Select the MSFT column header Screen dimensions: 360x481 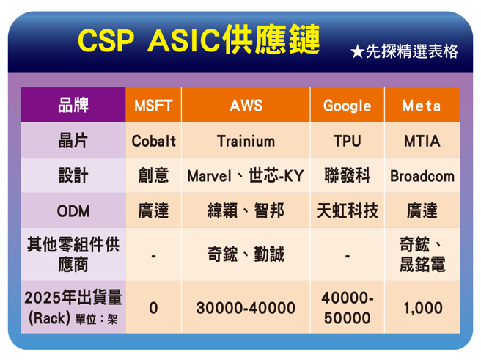pos(153,106)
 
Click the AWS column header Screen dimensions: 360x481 pos(246,106)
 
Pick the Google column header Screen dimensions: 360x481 pos(347,106)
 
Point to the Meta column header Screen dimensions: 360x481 pos(422,106)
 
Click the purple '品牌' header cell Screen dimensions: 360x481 pos(73,106)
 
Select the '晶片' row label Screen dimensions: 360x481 pos(73,141)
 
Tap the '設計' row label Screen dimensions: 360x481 pos(73,176)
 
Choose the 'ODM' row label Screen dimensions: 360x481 pos(73,211)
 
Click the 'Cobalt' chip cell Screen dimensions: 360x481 pos(153,141)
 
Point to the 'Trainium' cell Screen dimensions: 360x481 pos(246,141)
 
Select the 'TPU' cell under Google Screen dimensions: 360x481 pos(347,141)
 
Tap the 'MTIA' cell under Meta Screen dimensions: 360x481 pos(422,141)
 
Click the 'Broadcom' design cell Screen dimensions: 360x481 pos(422,176)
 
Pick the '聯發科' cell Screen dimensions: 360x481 pos(347,176)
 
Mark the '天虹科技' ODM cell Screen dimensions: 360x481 pos(347,211)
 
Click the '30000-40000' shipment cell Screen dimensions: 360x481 pos(246,308)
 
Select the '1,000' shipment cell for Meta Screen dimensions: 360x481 pos(422,308)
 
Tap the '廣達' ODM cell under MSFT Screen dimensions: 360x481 pos(153,211)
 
